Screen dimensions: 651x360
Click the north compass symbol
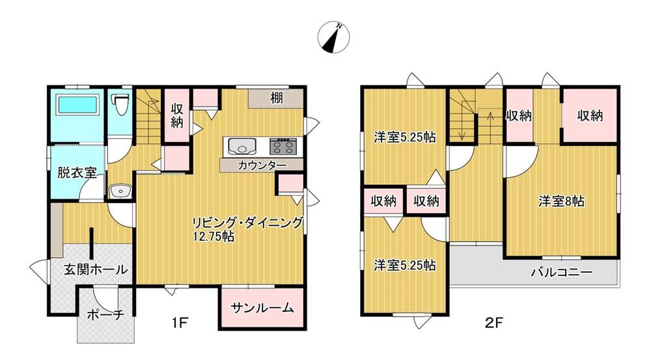[333, 37]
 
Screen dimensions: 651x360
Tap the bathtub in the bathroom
[77, 105]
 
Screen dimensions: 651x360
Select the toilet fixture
[120, 104]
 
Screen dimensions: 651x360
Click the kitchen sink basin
[240, 147]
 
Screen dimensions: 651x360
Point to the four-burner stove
[283, 146]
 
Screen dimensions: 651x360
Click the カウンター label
[262, 165]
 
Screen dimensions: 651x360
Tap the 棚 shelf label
[277, 98]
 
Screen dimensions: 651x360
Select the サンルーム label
[262, 308]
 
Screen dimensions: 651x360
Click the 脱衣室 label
[76, 173]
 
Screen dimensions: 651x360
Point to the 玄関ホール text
[96, 270]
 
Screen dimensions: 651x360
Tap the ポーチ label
[105, 314]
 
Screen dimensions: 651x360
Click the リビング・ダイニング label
[247, 223]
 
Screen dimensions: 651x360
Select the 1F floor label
[180, 322]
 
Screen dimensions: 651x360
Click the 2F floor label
[493, 322]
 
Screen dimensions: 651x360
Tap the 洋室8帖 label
[562, 202]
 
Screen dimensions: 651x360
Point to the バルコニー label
[562, 273]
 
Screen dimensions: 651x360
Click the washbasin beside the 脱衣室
[120, 191]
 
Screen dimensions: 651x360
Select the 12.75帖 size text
[214, 237]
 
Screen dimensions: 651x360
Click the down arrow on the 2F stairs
[462, 130]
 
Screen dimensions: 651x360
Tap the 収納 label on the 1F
[177, 116]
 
